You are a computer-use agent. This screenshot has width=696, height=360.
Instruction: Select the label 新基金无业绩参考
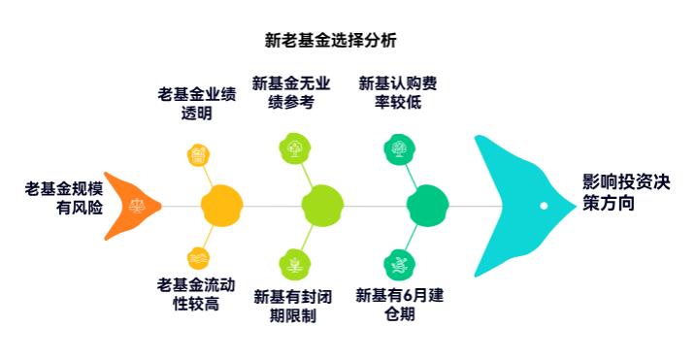point(290,92)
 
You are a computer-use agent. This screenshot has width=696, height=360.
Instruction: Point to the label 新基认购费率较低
point(397,92)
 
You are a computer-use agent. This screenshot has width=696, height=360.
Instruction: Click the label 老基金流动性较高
point(196,294)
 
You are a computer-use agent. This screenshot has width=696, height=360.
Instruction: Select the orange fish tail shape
point(130,205)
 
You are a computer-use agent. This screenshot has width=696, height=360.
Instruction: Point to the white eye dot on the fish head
point(544,206)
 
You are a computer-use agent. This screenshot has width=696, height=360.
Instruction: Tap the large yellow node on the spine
point(220,205)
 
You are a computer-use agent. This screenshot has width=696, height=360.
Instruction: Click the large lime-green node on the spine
point(322,205)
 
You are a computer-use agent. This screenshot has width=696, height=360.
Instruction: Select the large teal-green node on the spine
point(427,205)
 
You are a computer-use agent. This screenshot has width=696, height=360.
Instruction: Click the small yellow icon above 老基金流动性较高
point(198,258)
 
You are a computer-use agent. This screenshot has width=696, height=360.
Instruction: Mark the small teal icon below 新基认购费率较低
point(398,148)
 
